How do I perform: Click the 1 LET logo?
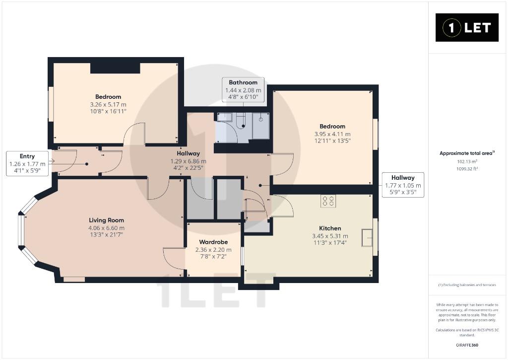(x=467, y=28)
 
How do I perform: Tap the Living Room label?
(x=106, y=220)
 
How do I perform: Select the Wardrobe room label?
(x=213, y=242)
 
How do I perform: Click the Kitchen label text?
(x=330, y=228)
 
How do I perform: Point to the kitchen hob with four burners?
(x=328, y=201)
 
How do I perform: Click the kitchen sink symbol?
(x=368, y=238)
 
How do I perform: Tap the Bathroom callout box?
(x=243, y=90)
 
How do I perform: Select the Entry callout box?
(x=27, y=163)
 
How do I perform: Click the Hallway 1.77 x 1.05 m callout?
(x=403, y=185)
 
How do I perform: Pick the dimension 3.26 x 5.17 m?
(x=108, y=105)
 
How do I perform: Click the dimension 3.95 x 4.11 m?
(x=332, y=134)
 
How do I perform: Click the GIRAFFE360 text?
(x=467, y=345)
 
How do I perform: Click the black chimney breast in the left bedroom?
(x=115, y=69)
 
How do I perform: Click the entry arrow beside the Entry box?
(x=52, y=160)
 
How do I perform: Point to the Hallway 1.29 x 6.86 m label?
(x=188, y=161)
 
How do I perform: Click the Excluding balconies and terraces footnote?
(x=467, y=285)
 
